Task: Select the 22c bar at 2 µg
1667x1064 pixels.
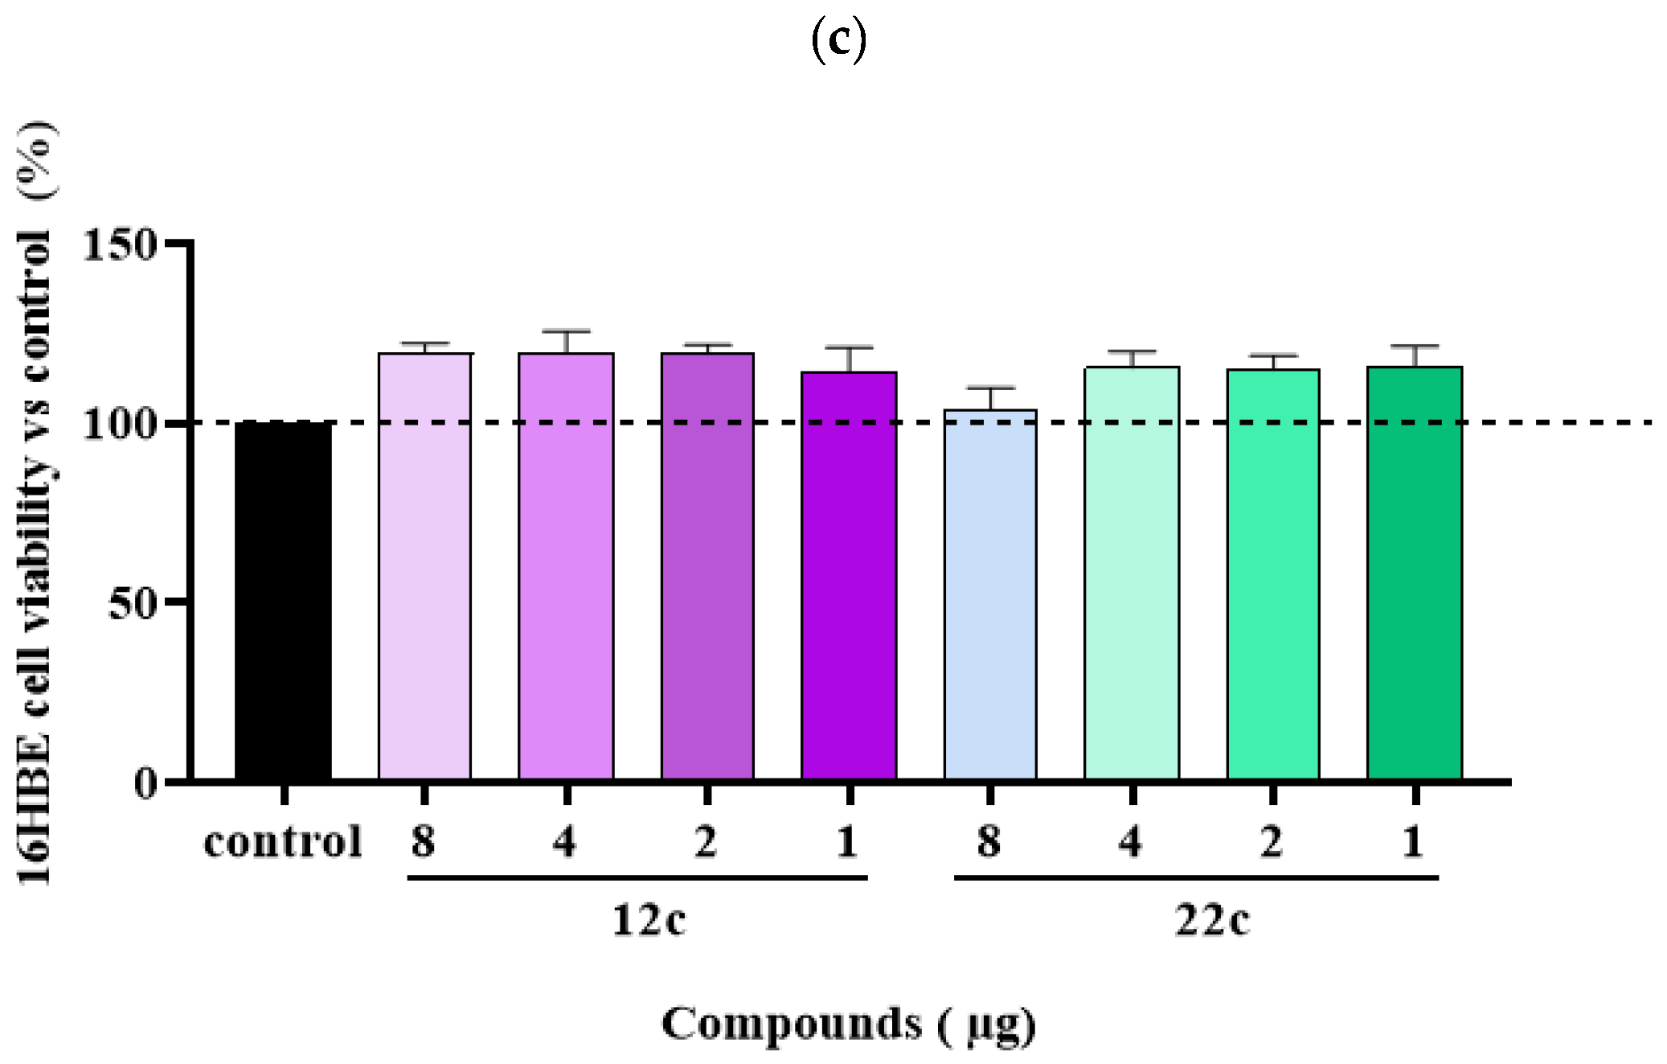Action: tap(1273, 574)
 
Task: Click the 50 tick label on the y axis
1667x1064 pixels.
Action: tap(132, 602)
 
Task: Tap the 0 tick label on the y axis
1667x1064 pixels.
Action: tap(145, 782)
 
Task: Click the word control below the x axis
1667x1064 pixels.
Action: tap(283, 842)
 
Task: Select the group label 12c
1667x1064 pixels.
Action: tap(649, 919)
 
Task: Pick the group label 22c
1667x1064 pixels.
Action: tap(1212, 919)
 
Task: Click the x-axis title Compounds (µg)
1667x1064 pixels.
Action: tap(848, 1025)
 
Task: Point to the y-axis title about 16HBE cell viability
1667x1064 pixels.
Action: tap(36, 503)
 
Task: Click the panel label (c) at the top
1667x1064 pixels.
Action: tap(838, 39)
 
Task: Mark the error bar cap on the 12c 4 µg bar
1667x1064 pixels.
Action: tap(566, 331)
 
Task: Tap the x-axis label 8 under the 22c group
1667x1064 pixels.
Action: tap(989, 842)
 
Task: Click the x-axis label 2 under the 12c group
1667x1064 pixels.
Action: tap(706, 842)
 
